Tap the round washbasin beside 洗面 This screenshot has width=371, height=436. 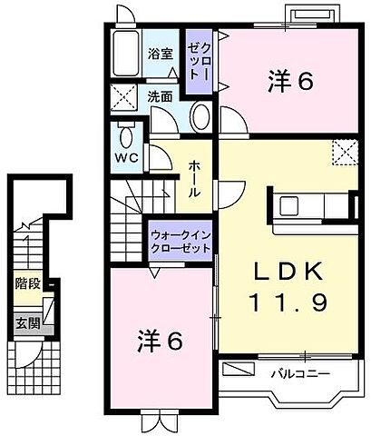click(201, 115)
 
